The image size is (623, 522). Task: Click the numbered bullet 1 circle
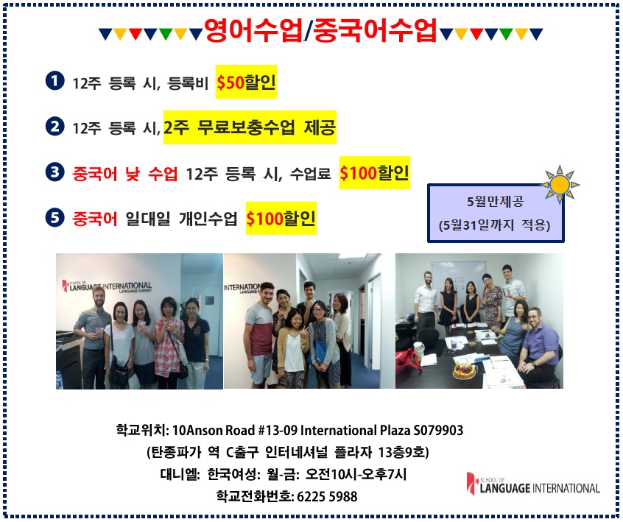pos(54,81)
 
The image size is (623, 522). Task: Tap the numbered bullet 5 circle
pos(54,218)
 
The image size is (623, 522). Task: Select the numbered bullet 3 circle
pos(54,172)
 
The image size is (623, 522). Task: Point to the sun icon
pos(560,184)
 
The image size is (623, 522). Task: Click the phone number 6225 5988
pos(327,496)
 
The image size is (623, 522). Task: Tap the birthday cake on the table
pos(464,370)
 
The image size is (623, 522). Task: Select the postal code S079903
pos(438,430)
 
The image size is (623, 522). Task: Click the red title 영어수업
pos(253,30)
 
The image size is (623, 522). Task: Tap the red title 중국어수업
pos(375,30)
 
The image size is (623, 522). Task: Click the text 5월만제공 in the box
pos(495,202)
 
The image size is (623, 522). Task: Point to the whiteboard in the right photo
pos(459,276)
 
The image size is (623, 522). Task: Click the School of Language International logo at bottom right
pos(533,484)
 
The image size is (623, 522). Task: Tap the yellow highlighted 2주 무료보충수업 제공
pos(250,127)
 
